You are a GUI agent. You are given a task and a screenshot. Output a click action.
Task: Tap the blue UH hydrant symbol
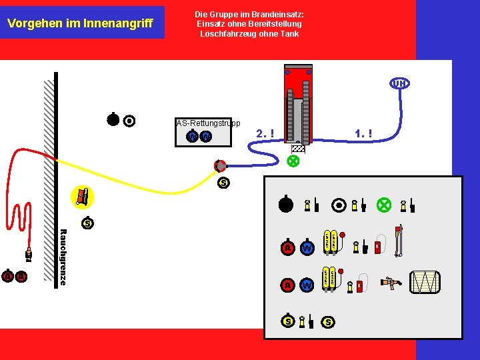click(399, 83)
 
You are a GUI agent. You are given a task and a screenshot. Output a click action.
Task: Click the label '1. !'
click(363, 134)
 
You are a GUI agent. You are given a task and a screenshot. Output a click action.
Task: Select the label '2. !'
click(265, 134)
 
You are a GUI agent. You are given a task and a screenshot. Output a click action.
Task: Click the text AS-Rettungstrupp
click(208, 123)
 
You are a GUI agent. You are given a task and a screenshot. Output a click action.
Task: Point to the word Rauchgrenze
click(63, 257)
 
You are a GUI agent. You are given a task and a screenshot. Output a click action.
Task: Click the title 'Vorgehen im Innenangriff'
click(80, 23)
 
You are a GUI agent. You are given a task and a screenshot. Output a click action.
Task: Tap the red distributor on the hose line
click(220, 165)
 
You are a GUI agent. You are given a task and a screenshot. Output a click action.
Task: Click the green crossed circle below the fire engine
click(292, 161)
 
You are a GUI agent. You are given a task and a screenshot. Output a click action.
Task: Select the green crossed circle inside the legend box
click(383, 205)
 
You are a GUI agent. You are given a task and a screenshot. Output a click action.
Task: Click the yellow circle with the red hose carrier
click(82, 196)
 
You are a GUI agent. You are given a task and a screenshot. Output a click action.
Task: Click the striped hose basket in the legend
click(424, 282)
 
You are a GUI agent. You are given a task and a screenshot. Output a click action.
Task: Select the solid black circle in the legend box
click(286, 205)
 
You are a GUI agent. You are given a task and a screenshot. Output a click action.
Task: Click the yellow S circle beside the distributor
click(223, 183)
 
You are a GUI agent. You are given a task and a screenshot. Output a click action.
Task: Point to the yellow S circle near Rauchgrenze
click(87, 223)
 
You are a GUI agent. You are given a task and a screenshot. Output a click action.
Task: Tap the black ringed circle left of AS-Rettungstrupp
click(129, 121)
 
